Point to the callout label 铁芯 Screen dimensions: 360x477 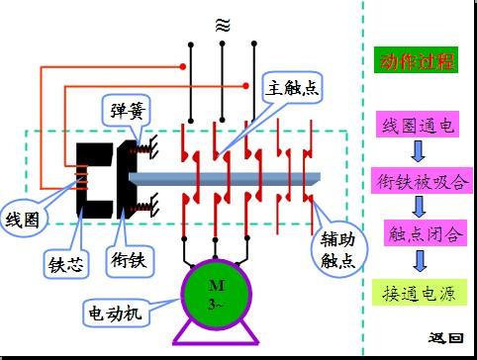coord(68,263)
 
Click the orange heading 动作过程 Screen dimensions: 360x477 coord(417,61)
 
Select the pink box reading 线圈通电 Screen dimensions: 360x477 coord(417,126)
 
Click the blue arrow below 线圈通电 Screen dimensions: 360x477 coord(418,152)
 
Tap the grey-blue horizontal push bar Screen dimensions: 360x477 coord(228,178)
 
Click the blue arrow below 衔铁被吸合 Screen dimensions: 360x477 coord(419,208)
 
